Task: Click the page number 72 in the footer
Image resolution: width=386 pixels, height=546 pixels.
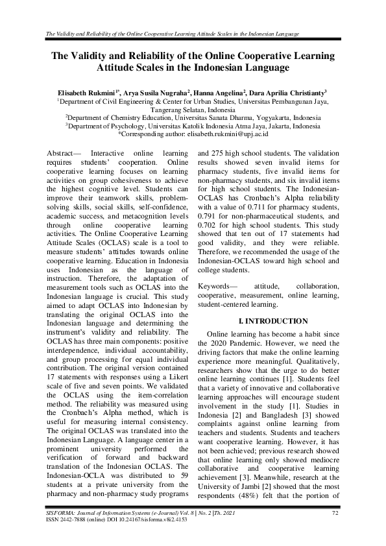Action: pyautogui.click(x=335, y=514)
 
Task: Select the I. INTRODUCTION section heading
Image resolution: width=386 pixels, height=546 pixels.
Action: pyautogui.click(x=273, y=321)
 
